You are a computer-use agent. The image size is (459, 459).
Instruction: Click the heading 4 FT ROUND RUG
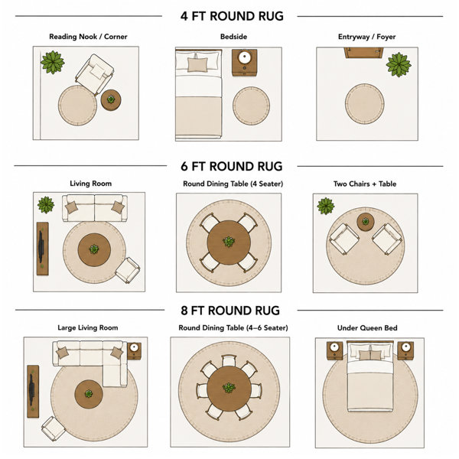(x=232, y=16)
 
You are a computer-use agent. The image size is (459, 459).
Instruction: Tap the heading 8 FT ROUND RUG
(x=230, y=311)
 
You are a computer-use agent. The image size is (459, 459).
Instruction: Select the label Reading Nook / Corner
(x=88, y=37)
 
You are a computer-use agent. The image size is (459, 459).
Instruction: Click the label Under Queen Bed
(x=367, y=328)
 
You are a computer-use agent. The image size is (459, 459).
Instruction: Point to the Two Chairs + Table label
(x=365, y=184)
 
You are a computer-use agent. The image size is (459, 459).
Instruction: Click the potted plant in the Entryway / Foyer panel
(x=399, y=65)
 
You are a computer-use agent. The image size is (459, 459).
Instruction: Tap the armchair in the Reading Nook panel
(x=95, y=73)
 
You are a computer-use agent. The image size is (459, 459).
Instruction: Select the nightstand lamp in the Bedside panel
(x=244, y=57)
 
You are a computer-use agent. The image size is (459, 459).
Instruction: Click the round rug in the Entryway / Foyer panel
(x=364, y=103)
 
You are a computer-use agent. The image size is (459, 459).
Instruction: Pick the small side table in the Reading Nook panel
(x=111, y=99)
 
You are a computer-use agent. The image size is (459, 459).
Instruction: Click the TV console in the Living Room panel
(x=42, y=249)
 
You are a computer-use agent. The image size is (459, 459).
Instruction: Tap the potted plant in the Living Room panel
(x=46, y=204)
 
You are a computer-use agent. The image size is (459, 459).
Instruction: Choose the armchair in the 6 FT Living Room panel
(x=128, y=270)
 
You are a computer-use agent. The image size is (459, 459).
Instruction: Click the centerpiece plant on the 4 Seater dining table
(x=229, y=242)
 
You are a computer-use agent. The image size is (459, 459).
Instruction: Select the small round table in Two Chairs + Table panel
(x=366, y=222)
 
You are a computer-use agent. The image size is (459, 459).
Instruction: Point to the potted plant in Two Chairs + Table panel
(x=326, y=206)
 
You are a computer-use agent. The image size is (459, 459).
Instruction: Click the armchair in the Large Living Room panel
(x=54, y=428)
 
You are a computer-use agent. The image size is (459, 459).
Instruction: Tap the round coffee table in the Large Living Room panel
(x=89, y=394)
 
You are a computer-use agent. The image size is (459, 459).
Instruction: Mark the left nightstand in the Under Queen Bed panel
(x=334, y=350)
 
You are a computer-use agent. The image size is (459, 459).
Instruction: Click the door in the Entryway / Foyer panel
(x=364, y=53)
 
